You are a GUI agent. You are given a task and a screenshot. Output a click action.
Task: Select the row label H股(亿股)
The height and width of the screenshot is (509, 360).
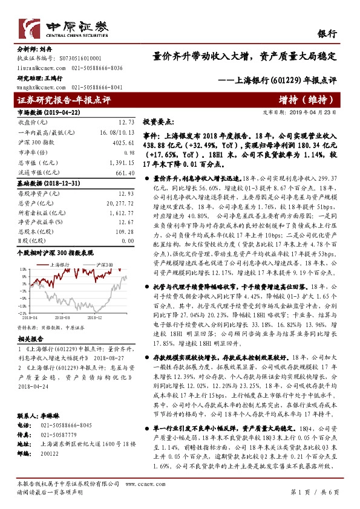click(31, 242)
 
